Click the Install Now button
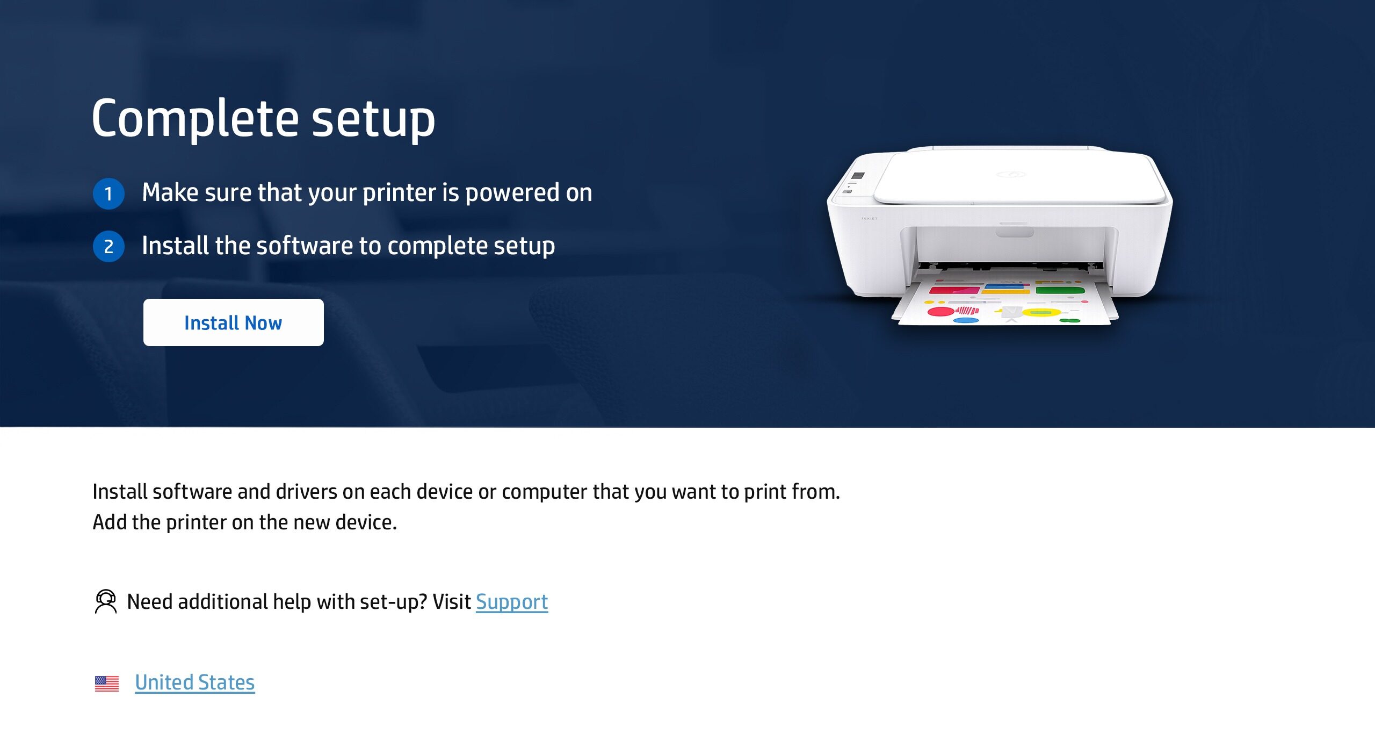[x=233, y=322]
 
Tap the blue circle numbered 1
[x=108, y=193]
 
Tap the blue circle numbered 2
[x=108, y=247]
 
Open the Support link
[x=512, y=602]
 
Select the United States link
[x=194, y=683]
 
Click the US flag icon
[x=107, y=684]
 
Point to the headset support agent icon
[x=106, y=601]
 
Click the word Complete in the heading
[x=195, y=119]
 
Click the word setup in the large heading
[x=373, y=119]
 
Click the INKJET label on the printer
[x=869, y=219]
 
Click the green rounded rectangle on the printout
[x=1060, y=290]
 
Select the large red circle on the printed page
[x=940, y=311]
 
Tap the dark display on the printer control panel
[x=858, y=176]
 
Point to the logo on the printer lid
[x=1011, y=174]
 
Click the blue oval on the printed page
[x=966, y=320]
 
